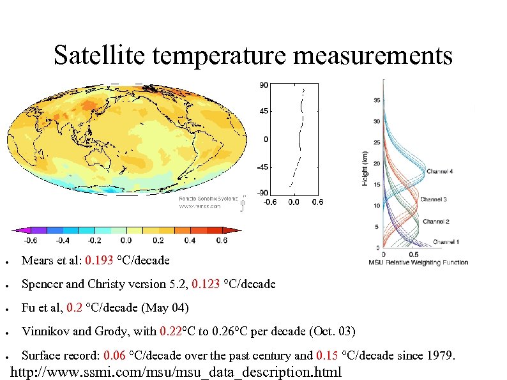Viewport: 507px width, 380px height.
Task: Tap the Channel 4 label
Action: pos(441,171)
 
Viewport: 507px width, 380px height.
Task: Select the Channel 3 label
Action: pos(433,199)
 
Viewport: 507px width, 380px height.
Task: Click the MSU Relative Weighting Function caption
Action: pos(418,262)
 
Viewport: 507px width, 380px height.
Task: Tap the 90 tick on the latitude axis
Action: pos(263,84)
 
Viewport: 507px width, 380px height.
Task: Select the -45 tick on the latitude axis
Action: pos(261,167)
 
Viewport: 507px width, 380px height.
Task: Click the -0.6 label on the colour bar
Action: pos(30,240)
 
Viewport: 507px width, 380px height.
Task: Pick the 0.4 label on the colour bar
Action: pos(190,240)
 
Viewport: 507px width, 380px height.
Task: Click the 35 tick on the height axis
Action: pos(377,100)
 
